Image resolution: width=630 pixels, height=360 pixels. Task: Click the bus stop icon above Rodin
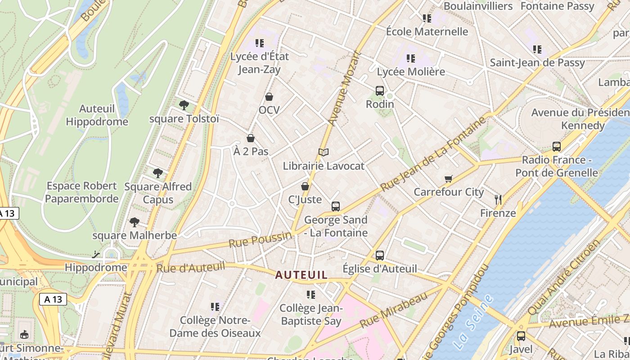click(x=380, y=91)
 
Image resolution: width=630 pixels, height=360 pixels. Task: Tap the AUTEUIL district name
click(x=301, y=275)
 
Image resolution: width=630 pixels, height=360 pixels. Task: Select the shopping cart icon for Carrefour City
click(x=448, y=179)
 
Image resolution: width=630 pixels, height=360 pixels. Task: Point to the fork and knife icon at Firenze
click(x=498, y=200)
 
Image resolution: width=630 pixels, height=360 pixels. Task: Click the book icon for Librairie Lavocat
click(x=324, y=153)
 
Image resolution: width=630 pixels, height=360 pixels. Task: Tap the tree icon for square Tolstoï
click(x=184, y=105)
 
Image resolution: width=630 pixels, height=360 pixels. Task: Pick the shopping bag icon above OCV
click(x=269, y=97)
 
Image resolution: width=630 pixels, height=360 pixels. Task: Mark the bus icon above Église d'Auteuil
click(x=380, y=256)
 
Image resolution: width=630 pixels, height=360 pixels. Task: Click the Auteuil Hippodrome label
click(x=97, y=115)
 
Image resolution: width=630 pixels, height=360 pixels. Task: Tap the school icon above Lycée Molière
click(x=410, y=58)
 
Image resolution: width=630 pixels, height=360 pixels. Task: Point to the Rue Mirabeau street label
click(x=393, y=310)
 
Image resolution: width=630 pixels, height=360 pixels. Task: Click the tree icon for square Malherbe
click(x=134, y=222)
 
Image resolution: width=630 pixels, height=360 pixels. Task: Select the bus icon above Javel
click(x=521, y=336)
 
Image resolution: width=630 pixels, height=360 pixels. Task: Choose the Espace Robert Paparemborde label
click(x=82, y=192)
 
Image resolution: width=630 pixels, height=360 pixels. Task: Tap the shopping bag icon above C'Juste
click(x=305, y=186)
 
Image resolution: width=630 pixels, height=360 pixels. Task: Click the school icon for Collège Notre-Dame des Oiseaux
click(x=215, y=307)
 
